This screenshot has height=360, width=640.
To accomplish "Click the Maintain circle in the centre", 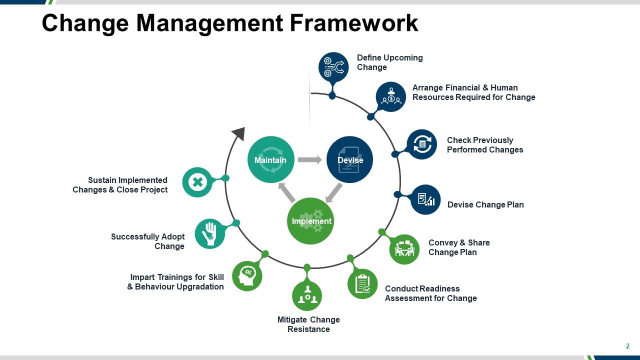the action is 271,159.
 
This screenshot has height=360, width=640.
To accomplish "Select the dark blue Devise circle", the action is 349,159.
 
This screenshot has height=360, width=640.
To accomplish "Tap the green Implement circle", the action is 310,221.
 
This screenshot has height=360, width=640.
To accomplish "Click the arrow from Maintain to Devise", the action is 310,159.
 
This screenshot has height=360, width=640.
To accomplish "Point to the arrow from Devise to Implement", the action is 333,193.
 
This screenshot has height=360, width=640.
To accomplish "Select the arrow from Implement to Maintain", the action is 286,192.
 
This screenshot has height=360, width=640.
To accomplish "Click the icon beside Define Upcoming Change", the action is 333,67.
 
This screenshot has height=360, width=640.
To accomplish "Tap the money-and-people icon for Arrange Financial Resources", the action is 391,97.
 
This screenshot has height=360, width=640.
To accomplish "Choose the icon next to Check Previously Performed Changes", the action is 421,144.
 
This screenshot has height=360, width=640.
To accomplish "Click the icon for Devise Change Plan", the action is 425,199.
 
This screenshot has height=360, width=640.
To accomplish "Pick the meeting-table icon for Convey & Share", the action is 404,249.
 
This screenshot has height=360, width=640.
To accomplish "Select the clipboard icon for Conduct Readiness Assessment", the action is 362,283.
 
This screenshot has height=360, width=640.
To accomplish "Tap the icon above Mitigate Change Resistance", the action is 307,295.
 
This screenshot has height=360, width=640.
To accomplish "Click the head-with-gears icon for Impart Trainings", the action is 247,276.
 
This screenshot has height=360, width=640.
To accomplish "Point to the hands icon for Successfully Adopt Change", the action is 210,233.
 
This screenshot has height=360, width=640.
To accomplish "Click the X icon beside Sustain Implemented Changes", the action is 197,182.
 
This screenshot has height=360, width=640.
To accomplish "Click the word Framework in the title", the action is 354,23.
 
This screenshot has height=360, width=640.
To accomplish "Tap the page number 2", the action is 627,346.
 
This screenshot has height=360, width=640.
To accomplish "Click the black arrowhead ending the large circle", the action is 239,133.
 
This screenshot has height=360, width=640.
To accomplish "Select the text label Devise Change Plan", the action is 485,204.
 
